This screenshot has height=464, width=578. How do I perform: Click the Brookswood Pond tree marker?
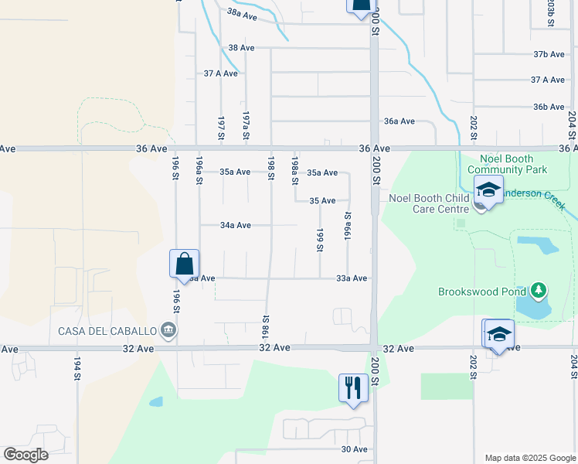(539, 292)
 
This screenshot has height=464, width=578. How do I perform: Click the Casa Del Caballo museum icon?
(167, 331)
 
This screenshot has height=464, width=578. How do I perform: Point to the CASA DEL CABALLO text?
(107, 331)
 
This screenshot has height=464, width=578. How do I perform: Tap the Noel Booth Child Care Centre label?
(430, 203)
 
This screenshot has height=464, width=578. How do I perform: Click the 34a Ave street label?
(236, 226)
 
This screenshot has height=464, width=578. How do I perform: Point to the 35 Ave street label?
(322, 201)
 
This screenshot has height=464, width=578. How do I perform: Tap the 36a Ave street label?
(399, 121)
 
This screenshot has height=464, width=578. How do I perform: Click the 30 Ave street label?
(355, 449)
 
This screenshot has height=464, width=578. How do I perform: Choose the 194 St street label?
(77, 367)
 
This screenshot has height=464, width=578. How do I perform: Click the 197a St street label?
(246, 125)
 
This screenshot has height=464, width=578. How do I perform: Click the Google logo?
(25, 455)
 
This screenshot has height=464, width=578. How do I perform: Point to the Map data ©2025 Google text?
(529, 458)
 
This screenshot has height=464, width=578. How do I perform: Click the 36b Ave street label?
(549, 107)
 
